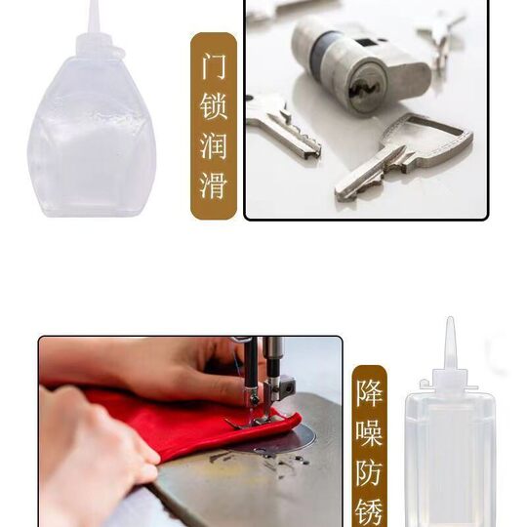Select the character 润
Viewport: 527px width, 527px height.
214,145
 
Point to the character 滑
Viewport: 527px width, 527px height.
214,183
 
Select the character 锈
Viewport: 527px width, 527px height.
370,510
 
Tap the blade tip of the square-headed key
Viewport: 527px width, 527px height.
344,191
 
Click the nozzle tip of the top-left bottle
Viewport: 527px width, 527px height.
93,8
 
